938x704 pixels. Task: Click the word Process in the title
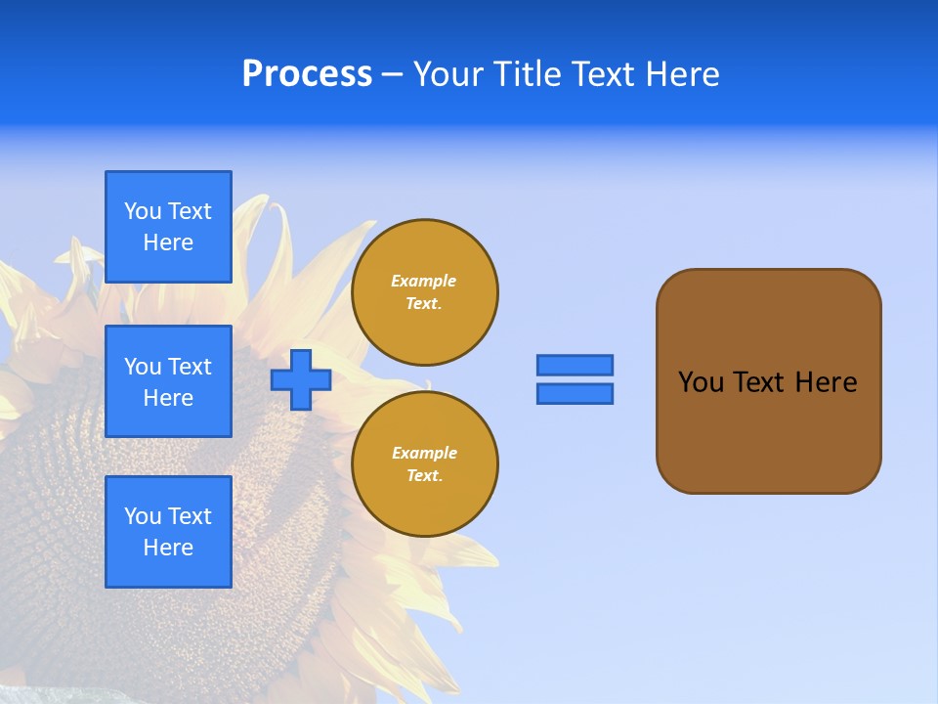point(307,74)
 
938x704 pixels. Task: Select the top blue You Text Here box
point(168,227)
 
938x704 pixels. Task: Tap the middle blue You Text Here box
point(168,381)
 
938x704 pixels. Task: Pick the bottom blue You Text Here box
point(168,532)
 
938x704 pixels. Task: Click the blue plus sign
point(301,379)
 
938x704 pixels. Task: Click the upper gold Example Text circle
point(425,292)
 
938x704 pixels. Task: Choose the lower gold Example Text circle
point(425,464)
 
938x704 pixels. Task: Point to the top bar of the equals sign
point(575,365)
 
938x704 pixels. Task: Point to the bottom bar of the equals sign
point(575,393)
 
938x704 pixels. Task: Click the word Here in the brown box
point(826,382)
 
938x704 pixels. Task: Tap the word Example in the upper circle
point(423,281)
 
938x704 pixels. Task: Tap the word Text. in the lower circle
point(424,476)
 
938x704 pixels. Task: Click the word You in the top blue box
point(143,211)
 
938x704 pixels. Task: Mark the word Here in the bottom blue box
point(168,548)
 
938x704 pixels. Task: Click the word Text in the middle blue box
point(190,367)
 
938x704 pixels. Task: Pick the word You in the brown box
point(700,382)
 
